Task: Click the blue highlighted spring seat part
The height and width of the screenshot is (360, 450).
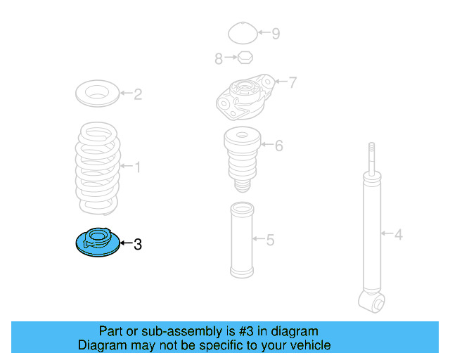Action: click(x=98, y=243)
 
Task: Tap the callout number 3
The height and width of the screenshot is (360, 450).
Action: click(x=138, y=244)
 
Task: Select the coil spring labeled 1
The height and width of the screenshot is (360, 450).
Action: click(x=98, y=169)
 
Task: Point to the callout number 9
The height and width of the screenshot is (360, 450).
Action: click(x=276, y=34)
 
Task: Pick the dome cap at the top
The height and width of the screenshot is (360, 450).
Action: click(x=243, y=33)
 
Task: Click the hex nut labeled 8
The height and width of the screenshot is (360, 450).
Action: click(x=245, y=57)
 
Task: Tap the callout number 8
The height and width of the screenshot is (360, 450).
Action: click(x=219, y=59)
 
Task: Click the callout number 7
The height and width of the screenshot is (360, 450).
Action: click(x=292, y=82)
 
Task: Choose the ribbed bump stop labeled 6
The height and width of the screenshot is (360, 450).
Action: click(x=243, y=160)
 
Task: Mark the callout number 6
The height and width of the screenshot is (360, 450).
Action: click(x=279, y=146)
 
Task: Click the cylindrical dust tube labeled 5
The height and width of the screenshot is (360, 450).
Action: click(x=242, y=240)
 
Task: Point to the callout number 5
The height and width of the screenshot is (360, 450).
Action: click(x=270, y=240)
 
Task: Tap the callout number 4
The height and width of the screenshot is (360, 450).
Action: click(x=399, y=235)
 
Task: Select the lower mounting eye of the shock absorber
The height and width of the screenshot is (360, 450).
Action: click(x=372, y=302)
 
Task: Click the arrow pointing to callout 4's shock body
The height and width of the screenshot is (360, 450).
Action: click(x=387, y=233)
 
